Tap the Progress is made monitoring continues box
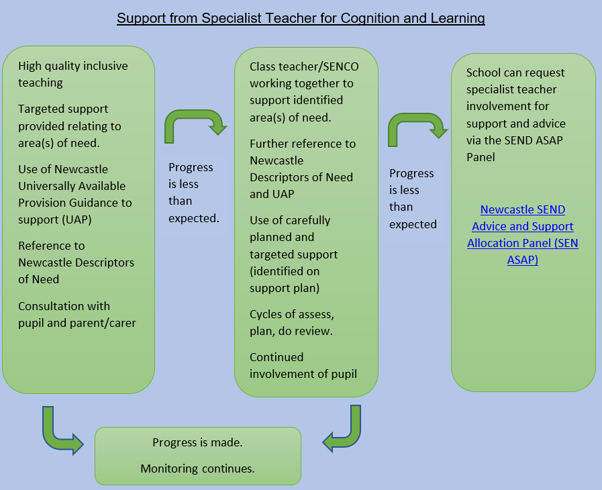coord(198,456)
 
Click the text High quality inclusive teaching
coord(73,74)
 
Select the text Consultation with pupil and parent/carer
coord(77,315)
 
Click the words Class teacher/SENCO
coord(304,67)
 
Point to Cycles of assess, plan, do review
coord(292,323)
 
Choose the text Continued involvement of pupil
coord(303,366)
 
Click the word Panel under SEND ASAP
coord(481,157)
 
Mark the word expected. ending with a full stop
coord(194,218)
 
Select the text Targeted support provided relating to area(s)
coord(70,126)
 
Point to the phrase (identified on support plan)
coord(285,279)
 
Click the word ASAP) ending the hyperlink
coord(523,260)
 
